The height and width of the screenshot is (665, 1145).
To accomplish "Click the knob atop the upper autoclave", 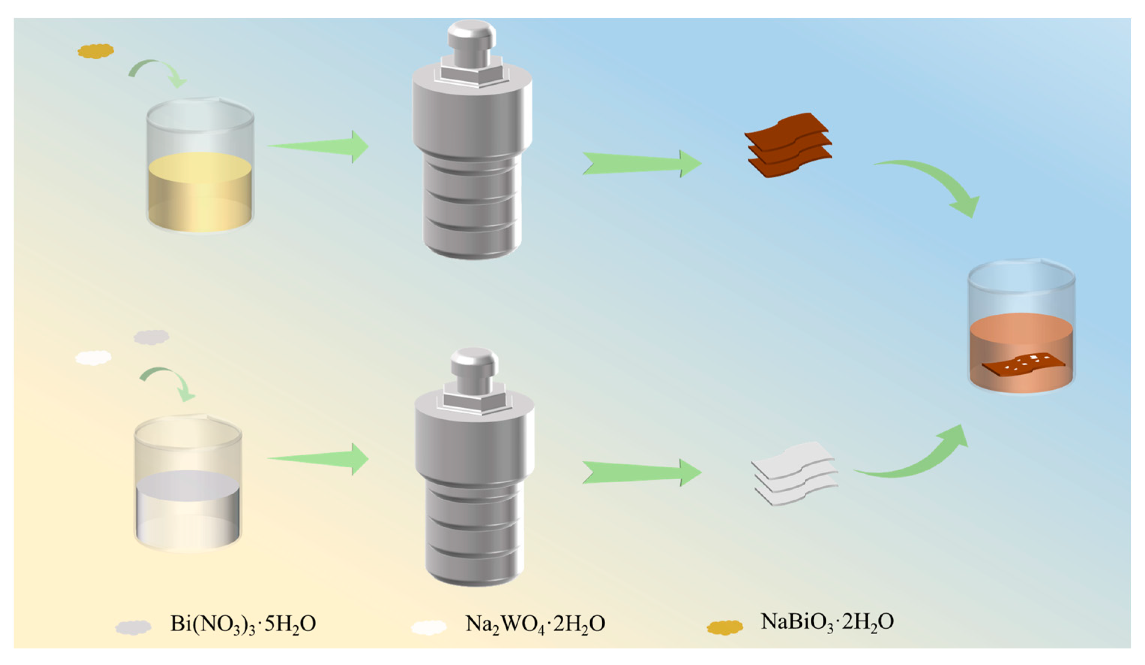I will tap(471, 43).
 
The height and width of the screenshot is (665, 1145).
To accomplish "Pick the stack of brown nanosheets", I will tap(790, 146).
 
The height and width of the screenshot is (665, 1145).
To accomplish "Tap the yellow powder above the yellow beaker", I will tap(96, 51).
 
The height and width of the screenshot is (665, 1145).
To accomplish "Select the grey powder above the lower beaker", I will tap(151, 337).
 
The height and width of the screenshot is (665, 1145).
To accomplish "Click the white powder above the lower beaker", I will tap(93, 358).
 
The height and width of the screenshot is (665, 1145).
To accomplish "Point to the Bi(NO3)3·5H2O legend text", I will tap(243, 624).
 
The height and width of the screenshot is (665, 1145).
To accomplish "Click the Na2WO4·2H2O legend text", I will tap(535, 624).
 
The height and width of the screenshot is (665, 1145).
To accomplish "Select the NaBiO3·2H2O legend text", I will tap(827, 622).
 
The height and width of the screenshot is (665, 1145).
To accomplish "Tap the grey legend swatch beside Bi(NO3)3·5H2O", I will tap(133, 627).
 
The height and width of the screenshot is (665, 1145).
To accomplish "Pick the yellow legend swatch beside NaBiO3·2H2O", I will tap(725, 627).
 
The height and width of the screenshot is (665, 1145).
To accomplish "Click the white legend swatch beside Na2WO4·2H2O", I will tap(429, 627).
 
